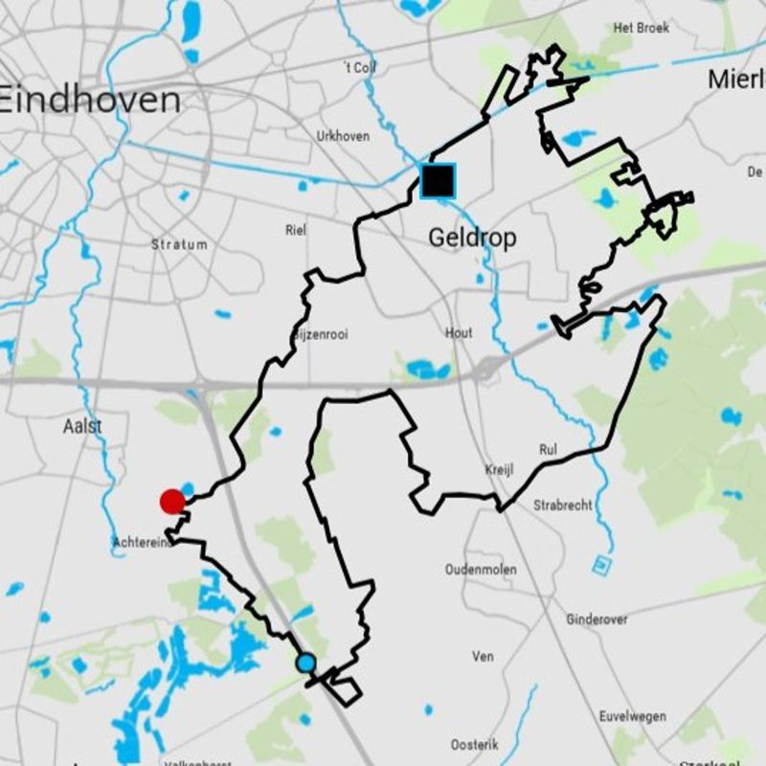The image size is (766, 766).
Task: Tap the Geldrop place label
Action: coord(472,237)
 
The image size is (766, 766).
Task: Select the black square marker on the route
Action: coord(438,181)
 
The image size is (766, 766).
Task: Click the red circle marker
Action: coord(172,501)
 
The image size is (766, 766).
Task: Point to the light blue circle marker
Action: coord(305,663)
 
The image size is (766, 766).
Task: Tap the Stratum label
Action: coord(179,244)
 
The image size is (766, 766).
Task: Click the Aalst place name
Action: coord(82,425)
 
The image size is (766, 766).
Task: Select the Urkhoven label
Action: coord(343,136)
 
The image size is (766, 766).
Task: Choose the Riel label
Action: coord(296,230)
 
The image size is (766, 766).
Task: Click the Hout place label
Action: coord(459,333)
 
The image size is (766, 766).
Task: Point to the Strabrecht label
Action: coord(563,505)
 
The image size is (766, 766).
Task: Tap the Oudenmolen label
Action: coord(481,570)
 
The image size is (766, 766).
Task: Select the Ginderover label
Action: coord(597,620)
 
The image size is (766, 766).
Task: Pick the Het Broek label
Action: coord(641,28)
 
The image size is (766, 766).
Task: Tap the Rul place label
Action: coord(548,448)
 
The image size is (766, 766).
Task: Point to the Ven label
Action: coord(483,657)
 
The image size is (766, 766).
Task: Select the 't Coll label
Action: coord(359,67)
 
